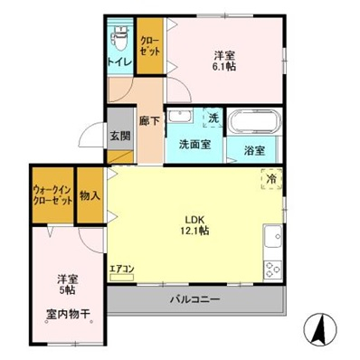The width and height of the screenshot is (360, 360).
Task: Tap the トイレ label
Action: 119,62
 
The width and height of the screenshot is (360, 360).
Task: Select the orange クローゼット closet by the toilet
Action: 149,46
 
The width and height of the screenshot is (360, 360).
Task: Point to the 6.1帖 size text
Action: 224,65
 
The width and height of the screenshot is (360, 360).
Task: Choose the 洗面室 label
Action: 194,144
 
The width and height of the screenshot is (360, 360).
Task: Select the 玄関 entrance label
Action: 120,137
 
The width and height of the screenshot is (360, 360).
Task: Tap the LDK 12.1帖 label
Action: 195,225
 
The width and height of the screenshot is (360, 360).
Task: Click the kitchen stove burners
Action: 270,269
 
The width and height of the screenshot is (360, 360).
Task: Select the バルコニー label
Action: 195,299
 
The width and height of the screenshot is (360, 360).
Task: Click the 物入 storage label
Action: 90,195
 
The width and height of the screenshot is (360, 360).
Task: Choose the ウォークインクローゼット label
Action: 52,195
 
